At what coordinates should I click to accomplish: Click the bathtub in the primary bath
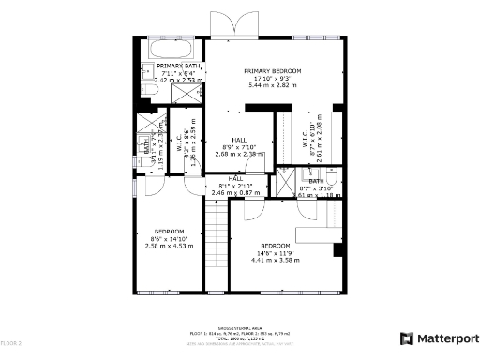coord(171,47)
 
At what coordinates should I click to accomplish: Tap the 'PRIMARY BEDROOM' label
coord(272,71)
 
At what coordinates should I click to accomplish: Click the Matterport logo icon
coord(408,337)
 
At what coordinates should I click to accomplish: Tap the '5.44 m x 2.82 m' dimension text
coord(272,86)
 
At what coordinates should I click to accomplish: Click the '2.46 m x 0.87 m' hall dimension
coord(235,192)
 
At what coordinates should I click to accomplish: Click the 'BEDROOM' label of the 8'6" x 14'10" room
coord(170,231)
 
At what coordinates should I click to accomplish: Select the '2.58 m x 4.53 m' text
coord(170,246)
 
